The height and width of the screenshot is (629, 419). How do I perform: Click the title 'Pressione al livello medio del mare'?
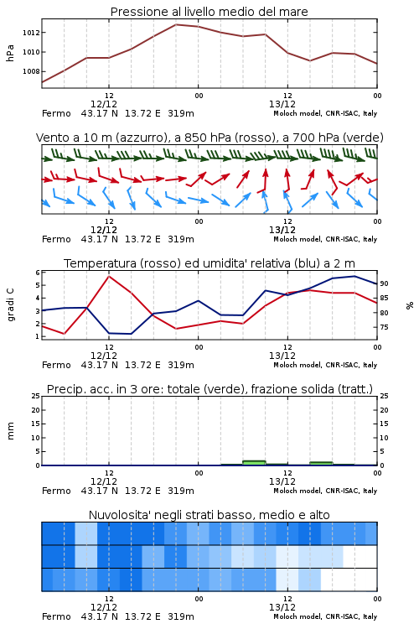209,12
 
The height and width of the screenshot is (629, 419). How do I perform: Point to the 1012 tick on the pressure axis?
31,33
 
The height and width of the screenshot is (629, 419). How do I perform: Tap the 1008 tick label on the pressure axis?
31,71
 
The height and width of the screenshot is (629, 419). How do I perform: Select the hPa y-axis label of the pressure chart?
10,53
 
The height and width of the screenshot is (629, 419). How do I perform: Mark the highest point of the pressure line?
176,24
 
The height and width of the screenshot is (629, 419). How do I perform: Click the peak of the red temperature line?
109,276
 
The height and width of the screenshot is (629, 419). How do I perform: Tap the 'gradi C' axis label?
10,304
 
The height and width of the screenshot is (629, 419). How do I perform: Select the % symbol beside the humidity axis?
410,305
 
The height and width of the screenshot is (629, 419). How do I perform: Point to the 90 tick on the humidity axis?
384,283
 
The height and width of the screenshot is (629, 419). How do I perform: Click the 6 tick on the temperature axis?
37,273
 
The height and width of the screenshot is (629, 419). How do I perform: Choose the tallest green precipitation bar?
254,463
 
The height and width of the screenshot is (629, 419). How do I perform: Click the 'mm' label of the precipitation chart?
10,431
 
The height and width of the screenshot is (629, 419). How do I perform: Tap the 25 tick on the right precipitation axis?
384,396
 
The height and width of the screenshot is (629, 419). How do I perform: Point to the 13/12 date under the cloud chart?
282,607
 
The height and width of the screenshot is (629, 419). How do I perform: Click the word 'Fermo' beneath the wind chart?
56,239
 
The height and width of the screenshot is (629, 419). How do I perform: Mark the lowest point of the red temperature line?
65,334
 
